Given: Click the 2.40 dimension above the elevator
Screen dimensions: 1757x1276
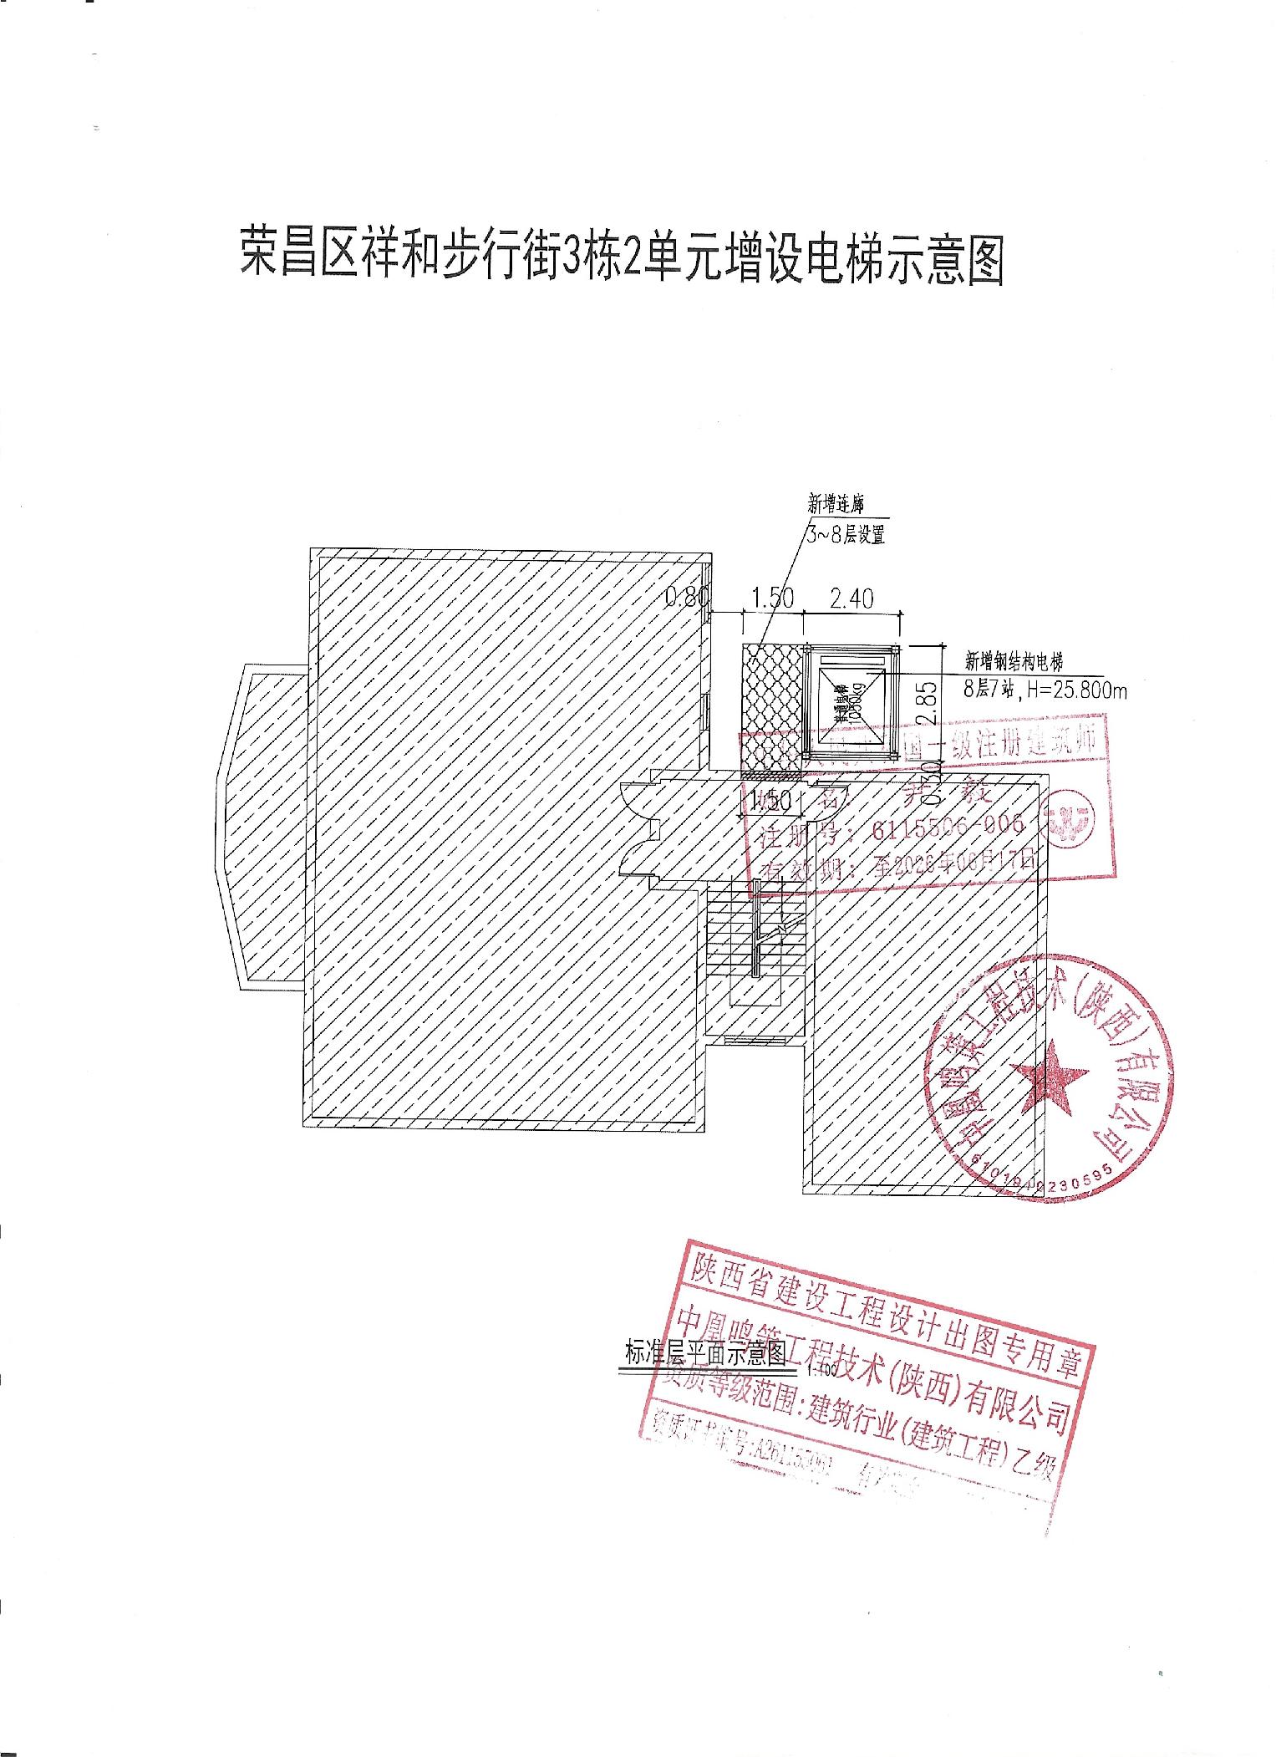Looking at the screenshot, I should tap(851, 598).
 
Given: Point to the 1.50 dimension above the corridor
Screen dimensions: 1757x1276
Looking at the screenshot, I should tap(773, 598).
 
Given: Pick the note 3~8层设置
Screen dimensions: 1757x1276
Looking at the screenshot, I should tap(846, 535).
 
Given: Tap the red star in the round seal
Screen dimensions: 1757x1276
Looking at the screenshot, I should tap(1049, 1074).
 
